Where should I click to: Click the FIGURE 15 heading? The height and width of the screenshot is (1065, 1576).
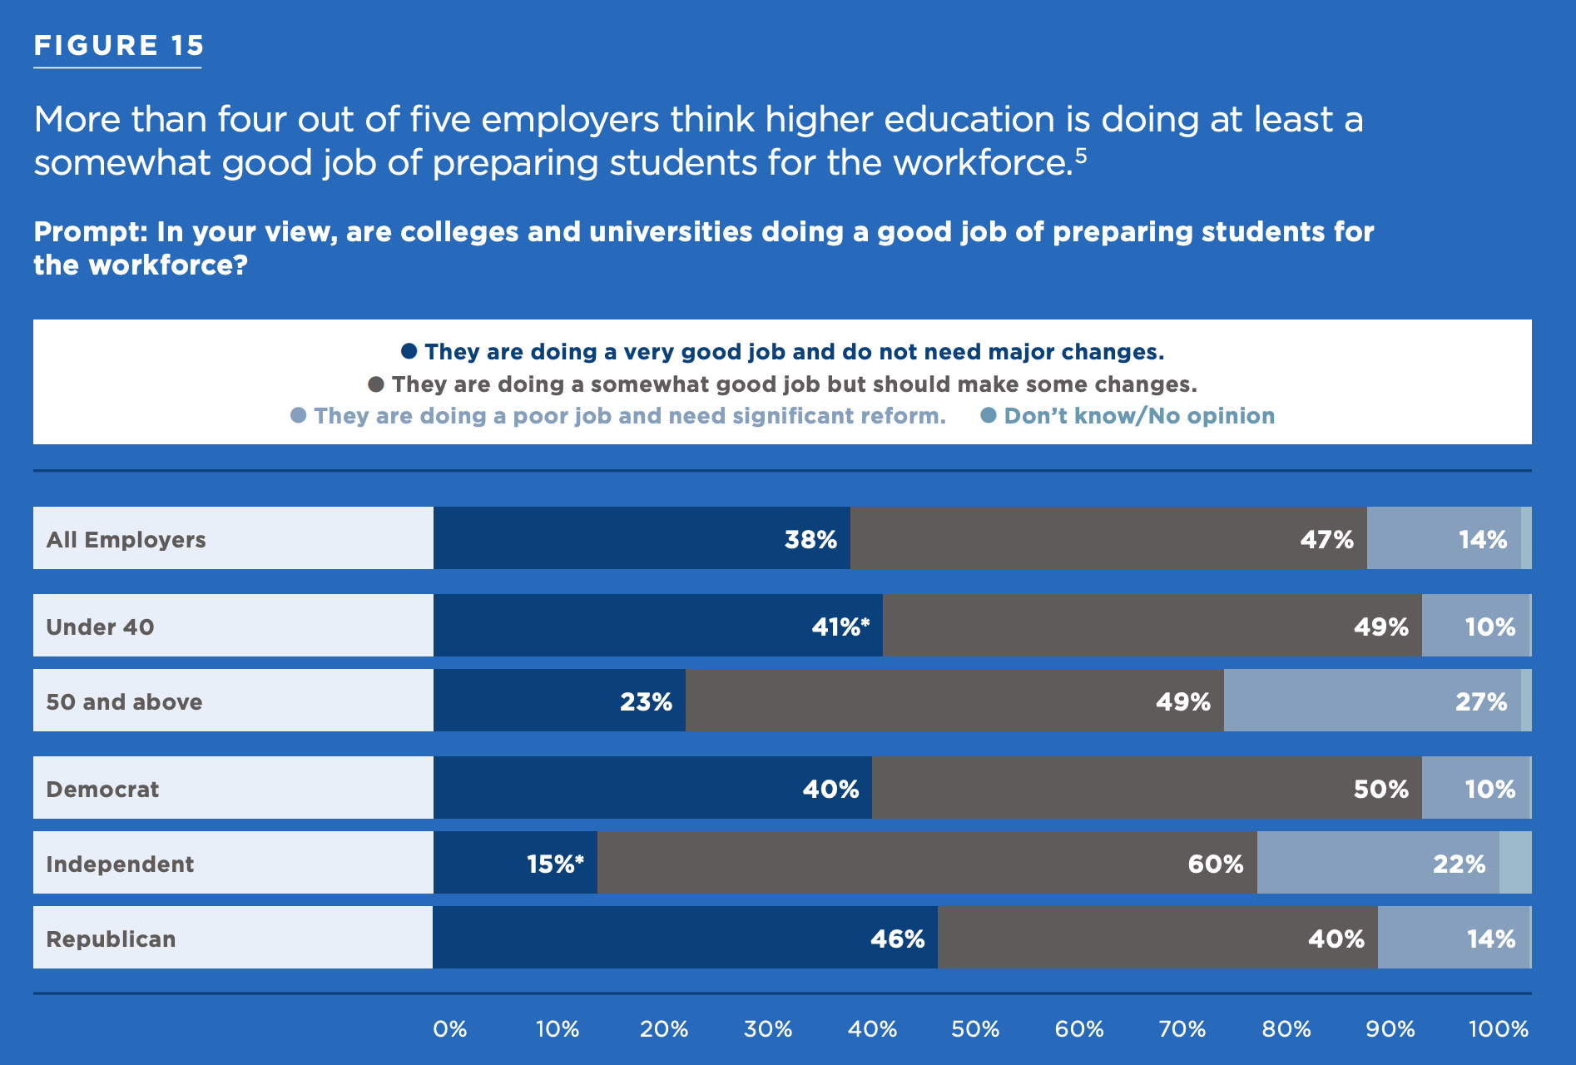pyautogui.click(x=118, y=46)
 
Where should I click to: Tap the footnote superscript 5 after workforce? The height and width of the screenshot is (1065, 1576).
pyautogui.click(x=1080, y=155)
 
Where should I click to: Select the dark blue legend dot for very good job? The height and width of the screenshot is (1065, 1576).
pyautogui.click(x=409, y=351)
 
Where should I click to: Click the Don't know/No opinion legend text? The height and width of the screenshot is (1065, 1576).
pyautogui.click(x=1138, y=416)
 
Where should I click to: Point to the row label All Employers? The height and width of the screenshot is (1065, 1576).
pyautogui.click(x=126, y=539)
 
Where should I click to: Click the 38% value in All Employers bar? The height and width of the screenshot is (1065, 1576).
pyautogui.click(x=810, y=540)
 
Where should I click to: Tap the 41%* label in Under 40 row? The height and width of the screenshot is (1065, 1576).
pyautogui.click(x=840, y=627)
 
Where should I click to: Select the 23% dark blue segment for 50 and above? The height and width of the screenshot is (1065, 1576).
pyautogui.click(x=559, y=701)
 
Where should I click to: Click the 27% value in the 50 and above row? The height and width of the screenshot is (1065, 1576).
pyautogui.click(x=1480, y=702)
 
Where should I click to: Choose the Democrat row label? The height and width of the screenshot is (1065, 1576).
pyautogui.click(x=102, y=789)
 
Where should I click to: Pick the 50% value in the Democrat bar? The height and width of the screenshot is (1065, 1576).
pyautogui.click(x=1380, y=789)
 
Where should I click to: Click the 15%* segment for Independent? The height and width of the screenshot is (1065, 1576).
pyautogui.click(x=515, y=864)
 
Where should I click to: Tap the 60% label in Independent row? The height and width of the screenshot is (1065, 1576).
pyautogui.click(x=1215, y=864)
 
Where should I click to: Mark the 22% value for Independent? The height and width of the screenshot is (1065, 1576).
pyautogui.click(x=1459, y=864)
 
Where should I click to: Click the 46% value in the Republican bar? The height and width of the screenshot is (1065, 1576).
pyautogui.click(x=897, y=939)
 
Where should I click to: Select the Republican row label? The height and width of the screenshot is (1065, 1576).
pyautogui.click(x=111, y=939)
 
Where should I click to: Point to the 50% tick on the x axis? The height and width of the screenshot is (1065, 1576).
pyautogui.click(x=975, y=1029)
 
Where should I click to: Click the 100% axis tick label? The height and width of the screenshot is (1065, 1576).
pyautogui.click(x=1498, y=1029)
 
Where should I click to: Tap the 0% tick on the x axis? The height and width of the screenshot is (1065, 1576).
pyautogui.click(x=449, y=1029)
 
